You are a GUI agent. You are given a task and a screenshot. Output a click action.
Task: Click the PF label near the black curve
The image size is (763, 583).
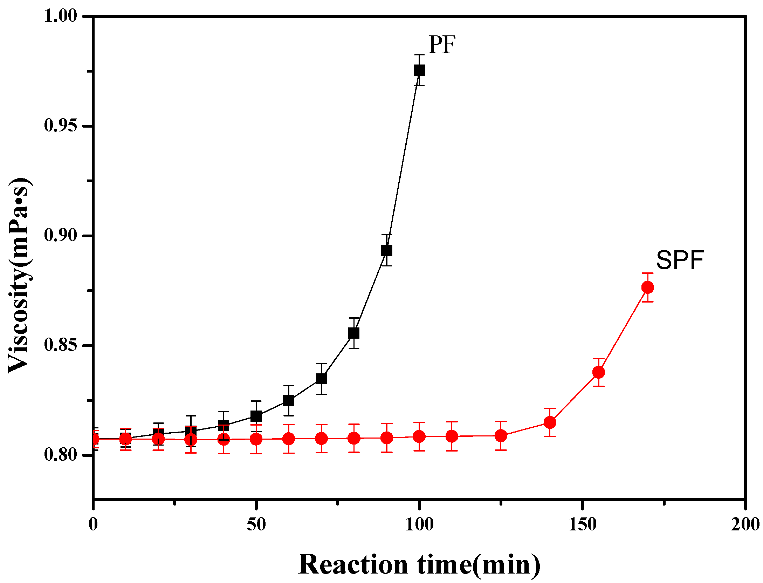[442, 45]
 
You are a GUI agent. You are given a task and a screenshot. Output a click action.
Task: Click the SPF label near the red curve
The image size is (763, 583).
[680, 260]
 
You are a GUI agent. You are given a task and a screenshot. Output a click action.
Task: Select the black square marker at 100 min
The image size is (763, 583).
[419, 70]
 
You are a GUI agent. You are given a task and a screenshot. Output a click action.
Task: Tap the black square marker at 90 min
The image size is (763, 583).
[386, 250]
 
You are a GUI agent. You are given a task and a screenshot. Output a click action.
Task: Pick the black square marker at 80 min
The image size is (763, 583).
[354, 333]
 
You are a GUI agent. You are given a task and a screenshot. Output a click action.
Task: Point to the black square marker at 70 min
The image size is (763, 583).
[321, 379]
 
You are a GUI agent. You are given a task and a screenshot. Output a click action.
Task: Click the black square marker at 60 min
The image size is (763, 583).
[289, 400]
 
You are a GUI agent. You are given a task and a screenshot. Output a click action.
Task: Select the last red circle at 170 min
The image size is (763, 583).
[648, 287]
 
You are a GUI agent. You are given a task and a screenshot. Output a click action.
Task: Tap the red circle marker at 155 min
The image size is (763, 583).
[599, 372]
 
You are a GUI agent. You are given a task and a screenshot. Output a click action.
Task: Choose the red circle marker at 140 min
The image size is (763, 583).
[550, 422]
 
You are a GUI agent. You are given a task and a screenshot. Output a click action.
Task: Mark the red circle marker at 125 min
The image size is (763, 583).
[501, 436]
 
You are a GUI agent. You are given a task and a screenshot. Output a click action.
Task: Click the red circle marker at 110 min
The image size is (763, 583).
[452, 436]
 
